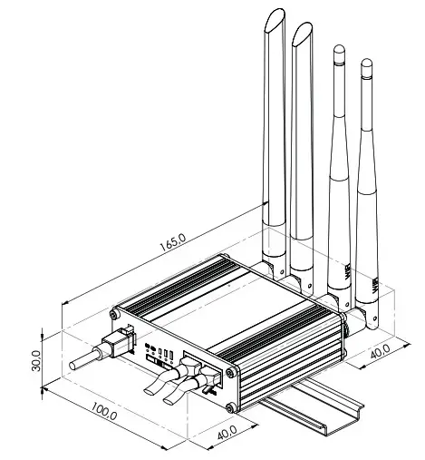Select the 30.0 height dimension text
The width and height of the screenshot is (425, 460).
(x=36, y=359)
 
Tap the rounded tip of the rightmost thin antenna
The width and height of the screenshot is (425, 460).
(x=366, y=64)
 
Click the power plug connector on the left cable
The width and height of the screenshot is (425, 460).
(x=114, y=348)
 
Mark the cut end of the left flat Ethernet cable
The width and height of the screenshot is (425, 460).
(x=149, y=391)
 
